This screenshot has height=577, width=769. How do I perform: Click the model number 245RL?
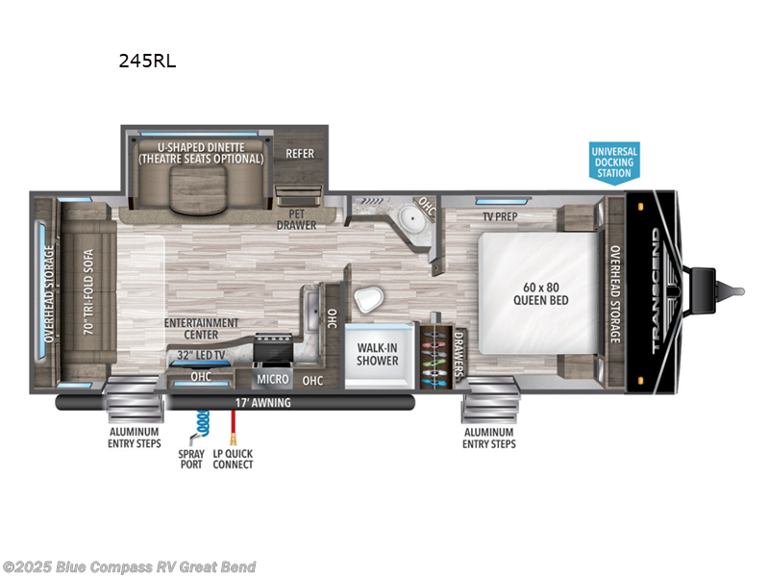coord(147,61)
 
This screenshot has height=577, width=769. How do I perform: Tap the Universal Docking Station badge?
coord(613,162)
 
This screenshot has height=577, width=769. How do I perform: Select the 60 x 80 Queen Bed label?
coord(541,292)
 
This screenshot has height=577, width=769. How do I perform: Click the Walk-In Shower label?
coord(378,353)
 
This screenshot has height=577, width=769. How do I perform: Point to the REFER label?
coord(300,153)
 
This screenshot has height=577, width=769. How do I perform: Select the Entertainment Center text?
coord(202,329)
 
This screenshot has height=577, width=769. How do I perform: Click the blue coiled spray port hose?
coord(203,424)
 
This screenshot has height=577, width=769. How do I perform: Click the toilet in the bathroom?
coord(366,301)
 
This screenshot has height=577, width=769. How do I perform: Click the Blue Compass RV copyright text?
coord(130,566)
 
